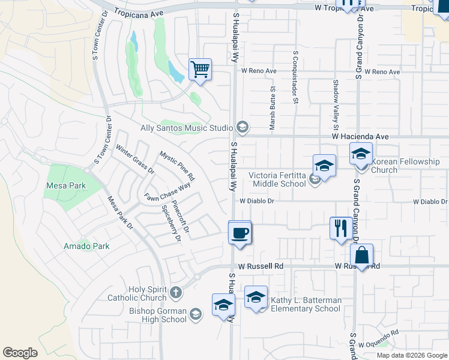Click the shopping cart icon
pos(200,70)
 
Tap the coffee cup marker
pos(240,232)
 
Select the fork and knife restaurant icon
pos(340,228)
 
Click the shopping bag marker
pos(361,255)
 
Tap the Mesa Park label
pos(66,186)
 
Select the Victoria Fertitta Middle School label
pos(277,179)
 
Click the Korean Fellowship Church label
pos(406,166)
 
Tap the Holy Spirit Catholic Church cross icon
pos(175,293)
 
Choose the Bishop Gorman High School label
pos(158,315)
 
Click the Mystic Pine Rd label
pos(177,166)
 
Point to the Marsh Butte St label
pos(273,108)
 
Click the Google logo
pos(20,353)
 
